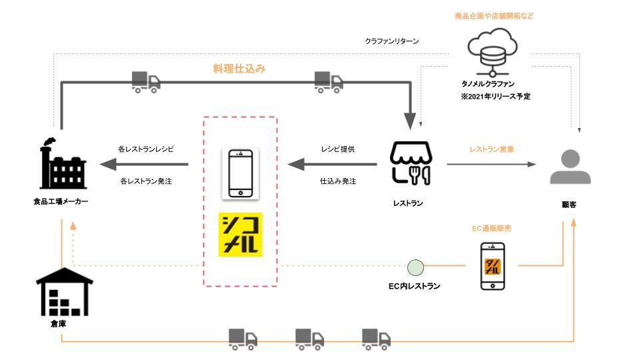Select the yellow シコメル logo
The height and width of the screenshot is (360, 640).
pos(240,235)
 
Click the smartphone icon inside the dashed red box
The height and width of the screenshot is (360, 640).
pos(240,173)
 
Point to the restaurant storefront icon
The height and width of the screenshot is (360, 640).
pos(411,163)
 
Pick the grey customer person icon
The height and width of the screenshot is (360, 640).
pos(569,167)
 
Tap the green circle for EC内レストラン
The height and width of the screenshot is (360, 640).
pos(415,268)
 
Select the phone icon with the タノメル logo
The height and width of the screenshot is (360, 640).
pos(493,266)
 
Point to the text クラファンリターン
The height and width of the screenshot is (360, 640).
pos(391,41)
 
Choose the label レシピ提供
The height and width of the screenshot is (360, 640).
pos(337,149)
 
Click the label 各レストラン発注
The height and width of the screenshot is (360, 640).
pos(146,181)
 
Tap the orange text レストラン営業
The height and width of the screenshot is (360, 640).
pos(492,149)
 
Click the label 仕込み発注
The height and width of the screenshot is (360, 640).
pos(338,181)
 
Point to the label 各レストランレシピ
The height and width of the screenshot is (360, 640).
pos(146,149)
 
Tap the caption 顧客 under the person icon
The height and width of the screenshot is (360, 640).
pos(569,205)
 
